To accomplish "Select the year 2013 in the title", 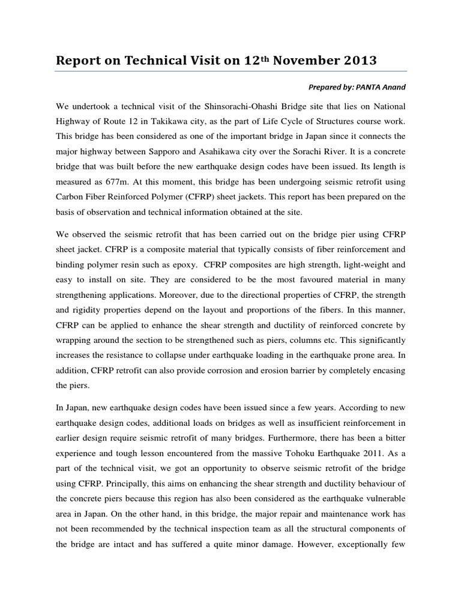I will point(358,60).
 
